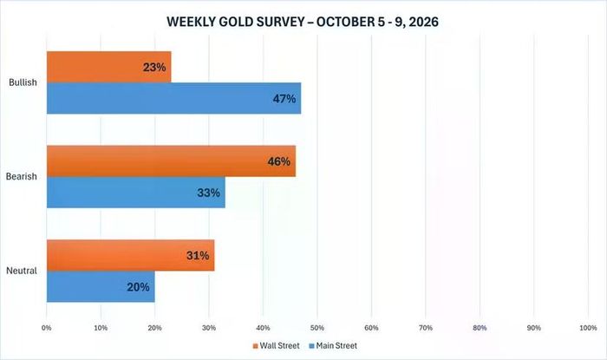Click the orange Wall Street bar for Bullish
(108, 67)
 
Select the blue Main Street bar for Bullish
(173, 98)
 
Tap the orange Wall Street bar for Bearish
(171, 161)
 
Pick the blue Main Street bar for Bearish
(136, 193)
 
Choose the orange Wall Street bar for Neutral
(130, 255)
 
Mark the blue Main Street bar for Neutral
(101, 286)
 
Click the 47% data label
(284, 99)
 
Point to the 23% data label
(154, 68)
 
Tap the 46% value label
(278, 161)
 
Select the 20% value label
(138, 287)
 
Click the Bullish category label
(23, 82)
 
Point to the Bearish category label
(22, 176)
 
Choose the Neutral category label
(22, 271)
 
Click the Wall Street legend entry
(276, 345)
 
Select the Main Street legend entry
(333, 345)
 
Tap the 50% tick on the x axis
(317, 328)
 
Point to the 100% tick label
(588, 328)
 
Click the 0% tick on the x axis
(47, 328)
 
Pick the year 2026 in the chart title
(423, 22)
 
